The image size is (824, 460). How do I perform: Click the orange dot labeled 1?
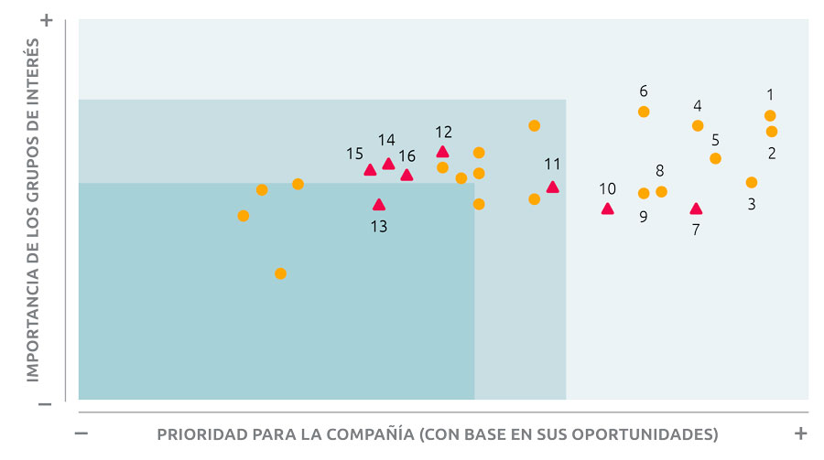point(770,115)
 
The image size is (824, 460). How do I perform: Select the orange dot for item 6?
point(644,112)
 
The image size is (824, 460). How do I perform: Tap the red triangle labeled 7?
point(696,209)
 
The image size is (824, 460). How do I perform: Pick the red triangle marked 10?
point(607,209)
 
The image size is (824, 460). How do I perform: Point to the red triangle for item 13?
point(379,205)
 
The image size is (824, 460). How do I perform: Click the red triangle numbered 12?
point(442,152)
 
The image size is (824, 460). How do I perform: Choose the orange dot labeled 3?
point(752,182)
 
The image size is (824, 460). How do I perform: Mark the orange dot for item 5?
point(715,158)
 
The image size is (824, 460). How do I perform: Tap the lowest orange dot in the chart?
point(280,273)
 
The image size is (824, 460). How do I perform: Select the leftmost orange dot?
point(243,216)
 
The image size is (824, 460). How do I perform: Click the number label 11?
point(552,165)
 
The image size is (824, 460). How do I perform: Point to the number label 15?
point(354,154)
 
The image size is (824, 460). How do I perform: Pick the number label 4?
point(698,105)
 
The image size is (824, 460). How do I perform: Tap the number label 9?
point(644,217)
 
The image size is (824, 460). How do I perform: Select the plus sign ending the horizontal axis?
point(800,433)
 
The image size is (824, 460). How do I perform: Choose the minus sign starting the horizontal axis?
point(81,433)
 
